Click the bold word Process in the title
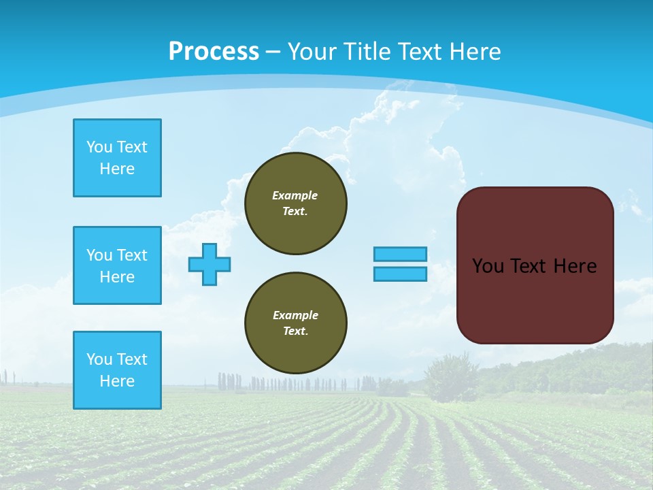(x=214, y=52)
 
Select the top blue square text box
(x=117, y=158)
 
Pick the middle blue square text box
(x=117, y=265)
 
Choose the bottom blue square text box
(x=117, y=370)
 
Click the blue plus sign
(x=210, y=264)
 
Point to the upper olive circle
(x=295, y=203)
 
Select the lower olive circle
(x=295, y=323)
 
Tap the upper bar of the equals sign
(x=400, y=254)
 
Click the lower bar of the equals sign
(x=400, y=274)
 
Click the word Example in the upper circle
(x=295, y=195)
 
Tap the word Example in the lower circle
(x=295, y=315)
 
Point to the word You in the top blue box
(x=99, y=147)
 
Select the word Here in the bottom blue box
(x=117, y=381)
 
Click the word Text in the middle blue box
(x=132, y=255)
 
